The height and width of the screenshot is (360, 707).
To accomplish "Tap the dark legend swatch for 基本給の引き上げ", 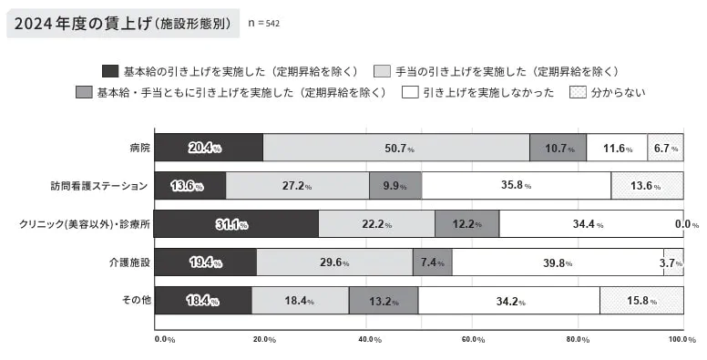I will click(109, 70).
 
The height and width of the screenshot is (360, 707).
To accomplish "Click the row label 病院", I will click(139, 148).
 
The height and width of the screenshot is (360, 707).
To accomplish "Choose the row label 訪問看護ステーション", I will click(98, 186).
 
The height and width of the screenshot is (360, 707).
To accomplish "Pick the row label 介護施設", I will click(132, 262).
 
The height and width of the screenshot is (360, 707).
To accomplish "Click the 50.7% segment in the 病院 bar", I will click(396, 148).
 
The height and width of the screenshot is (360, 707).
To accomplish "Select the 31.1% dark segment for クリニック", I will click(236, 224).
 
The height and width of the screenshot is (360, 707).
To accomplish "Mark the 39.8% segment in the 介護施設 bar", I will click(558, 262).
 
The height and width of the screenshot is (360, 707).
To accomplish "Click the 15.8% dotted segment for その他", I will click(641, 301).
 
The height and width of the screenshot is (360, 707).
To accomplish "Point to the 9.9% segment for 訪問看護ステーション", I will click(395, 186).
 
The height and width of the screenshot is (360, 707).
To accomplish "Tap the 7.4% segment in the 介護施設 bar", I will click(433, 262).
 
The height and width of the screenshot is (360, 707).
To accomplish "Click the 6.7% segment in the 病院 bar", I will click(666, 148).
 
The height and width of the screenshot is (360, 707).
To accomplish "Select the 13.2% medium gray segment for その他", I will click(384, 301).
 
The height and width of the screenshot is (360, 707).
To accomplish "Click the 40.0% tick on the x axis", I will click(370, 339).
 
